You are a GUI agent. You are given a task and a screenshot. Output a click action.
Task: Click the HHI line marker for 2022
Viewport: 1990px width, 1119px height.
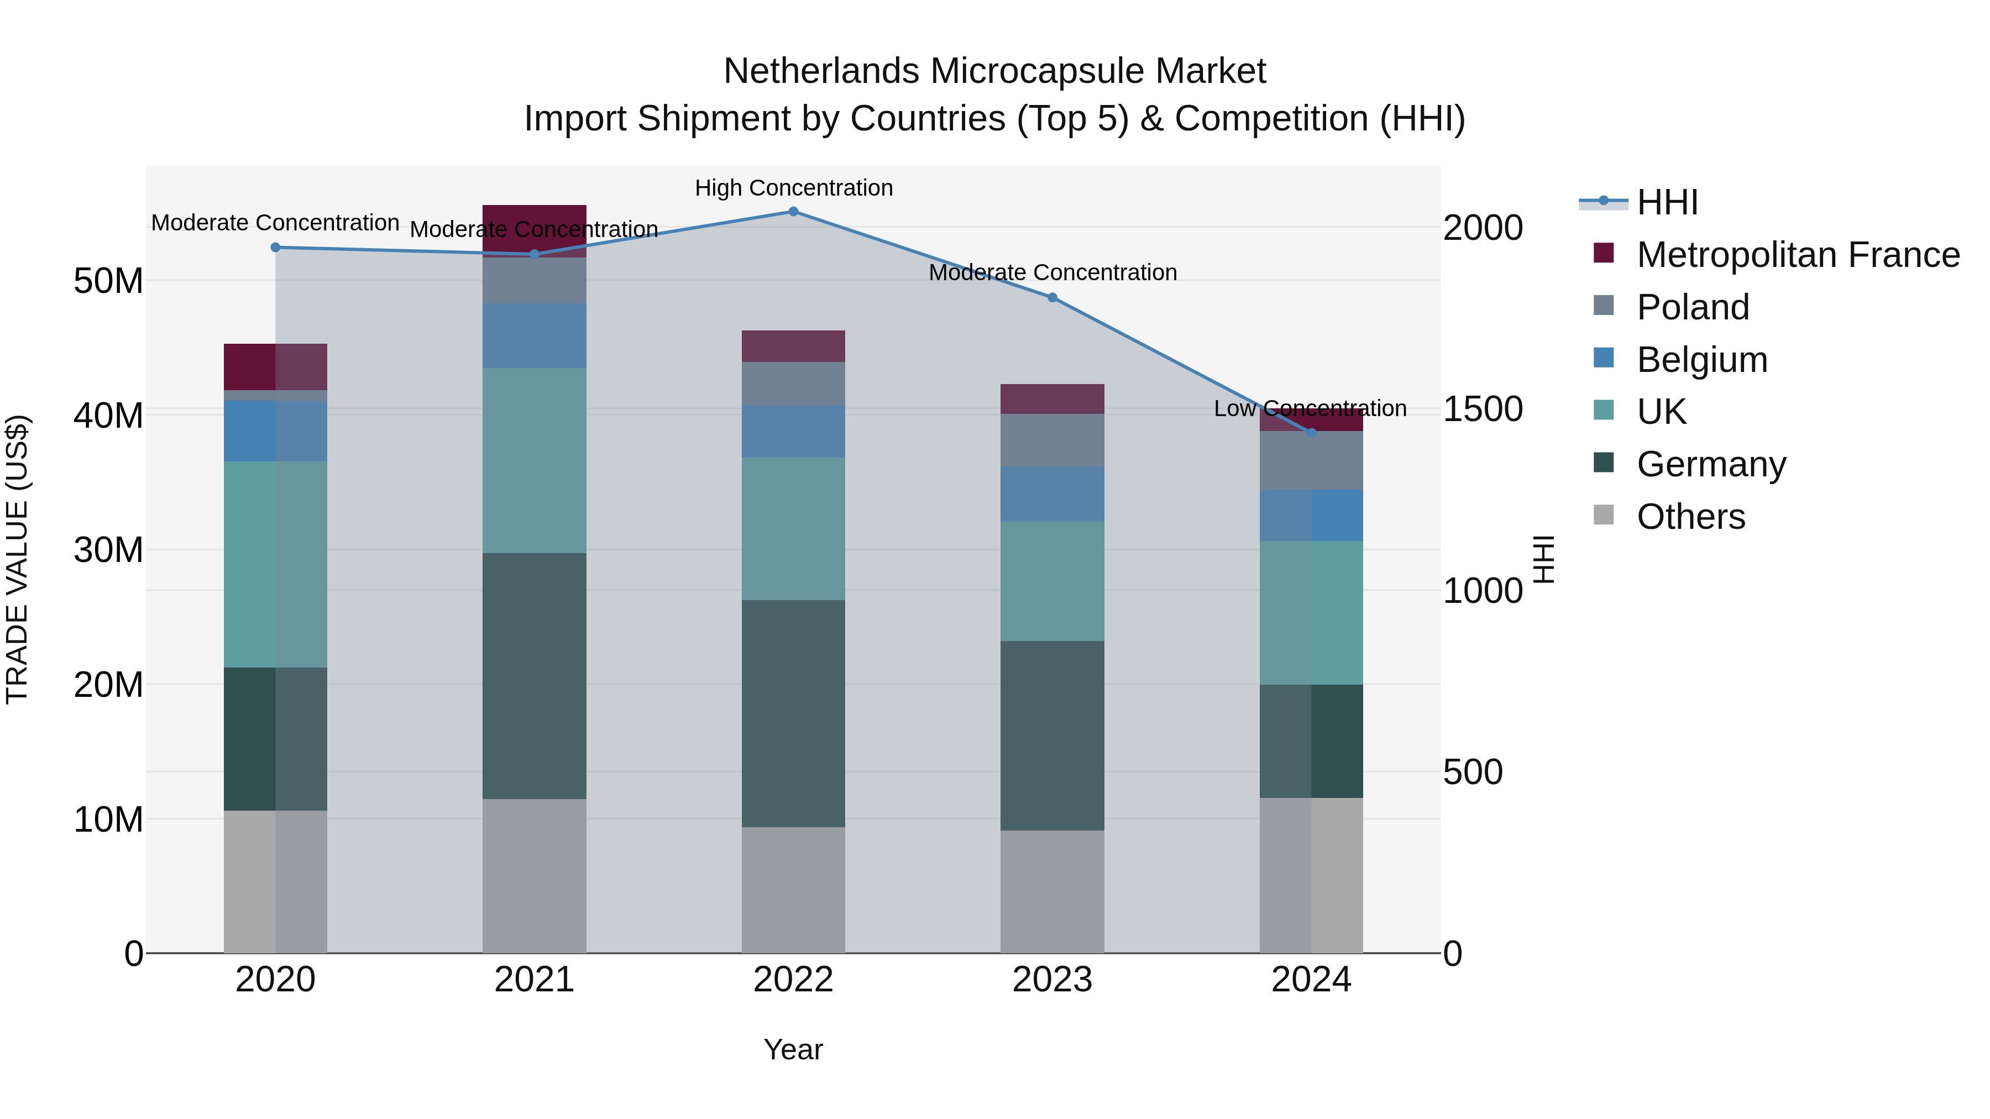tap(793, 212)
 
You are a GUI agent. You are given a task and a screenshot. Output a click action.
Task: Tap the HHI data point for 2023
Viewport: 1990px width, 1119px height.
tap(1052, 298)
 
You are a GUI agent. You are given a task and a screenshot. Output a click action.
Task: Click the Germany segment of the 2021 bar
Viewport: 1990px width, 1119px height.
tap(534, 676)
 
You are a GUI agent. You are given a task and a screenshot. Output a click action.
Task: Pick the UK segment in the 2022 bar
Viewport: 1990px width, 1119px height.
tap(793, 529)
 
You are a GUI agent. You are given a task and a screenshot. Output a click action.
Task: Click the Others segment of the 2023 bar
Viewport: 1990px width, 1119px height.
tap(1052, 892)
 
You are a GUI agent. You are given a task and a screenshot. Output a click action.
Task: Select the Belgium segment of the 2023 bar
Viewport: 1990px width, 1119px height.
tap(1052, 494)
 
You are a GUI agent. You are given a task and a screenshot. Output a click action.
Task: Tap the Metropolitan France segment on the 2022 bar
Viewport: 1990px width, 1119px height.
tap(793, 346)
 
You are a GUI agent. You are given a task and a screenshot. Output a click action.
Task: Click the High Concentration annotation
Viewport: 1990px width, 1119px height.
tap(793, 188)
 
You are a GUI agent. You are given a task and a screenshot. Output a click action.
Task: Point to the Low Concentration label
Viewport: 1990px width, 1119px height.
tap(1310, 408)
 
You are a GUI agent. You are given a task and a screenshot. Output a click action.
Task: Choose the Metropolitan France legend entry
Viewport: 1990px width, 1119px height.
tap(1798, 255)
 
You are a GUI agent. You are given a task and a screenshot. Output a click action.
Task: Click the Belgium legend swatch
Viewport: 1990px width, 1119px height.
tap(1604, 358)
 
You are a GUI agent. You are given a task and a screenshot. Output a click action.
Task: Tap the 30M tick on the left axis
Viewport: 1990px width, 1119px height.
tap(108, 550)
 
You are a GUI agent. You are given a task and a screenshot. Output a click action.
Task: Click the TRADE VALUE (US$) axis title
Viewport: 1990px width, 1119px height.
tap(17, 559)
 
